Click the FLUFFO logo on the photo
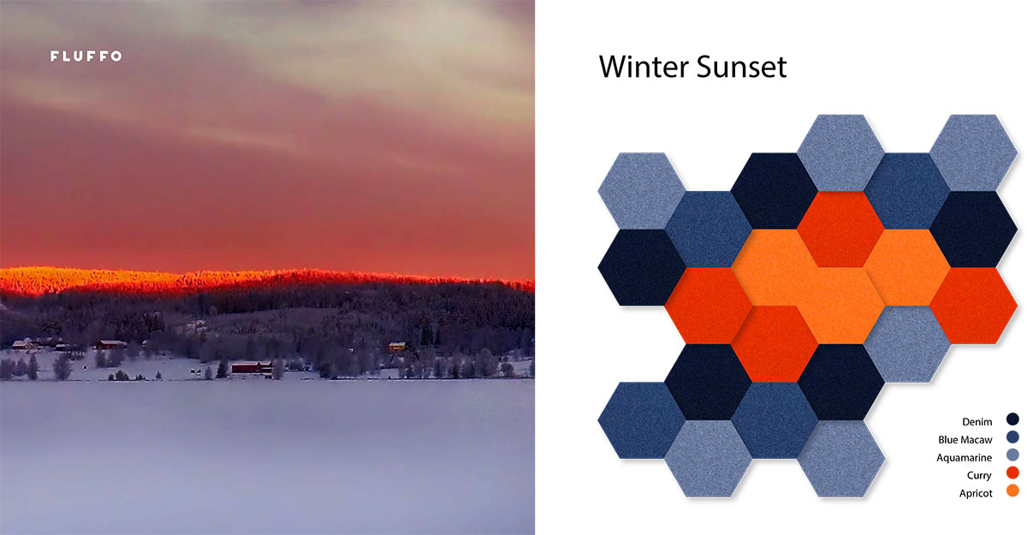(x=86, y=56)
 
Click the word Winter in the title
(x=648, y=67)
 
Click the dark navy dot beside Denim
(x=1012, y=419)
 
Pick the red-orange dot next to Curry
(x=1012, y=475)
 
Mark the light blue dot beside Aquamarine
(x=1012, y=457)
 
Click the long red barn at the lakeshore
(x=252, y=367)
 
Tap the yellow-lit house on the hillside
(x=397, y=346)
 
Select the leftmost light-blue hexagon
(x=641, y=190)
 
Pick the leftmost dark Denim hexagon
(x=641, y=267)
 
